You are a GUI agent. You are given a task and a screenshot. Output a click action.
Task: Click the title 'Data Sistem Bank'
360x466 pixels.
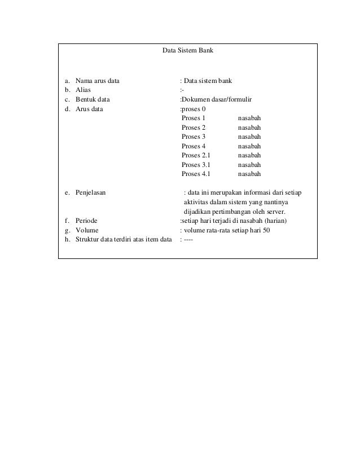coord(187,50)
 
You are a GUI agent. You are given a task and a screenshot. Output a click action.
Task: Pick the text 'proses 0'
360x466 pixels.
coord(194,109)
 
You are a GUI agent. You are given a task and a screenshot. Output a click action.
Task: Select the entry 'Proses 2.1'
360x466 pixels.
coord(196,155)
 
